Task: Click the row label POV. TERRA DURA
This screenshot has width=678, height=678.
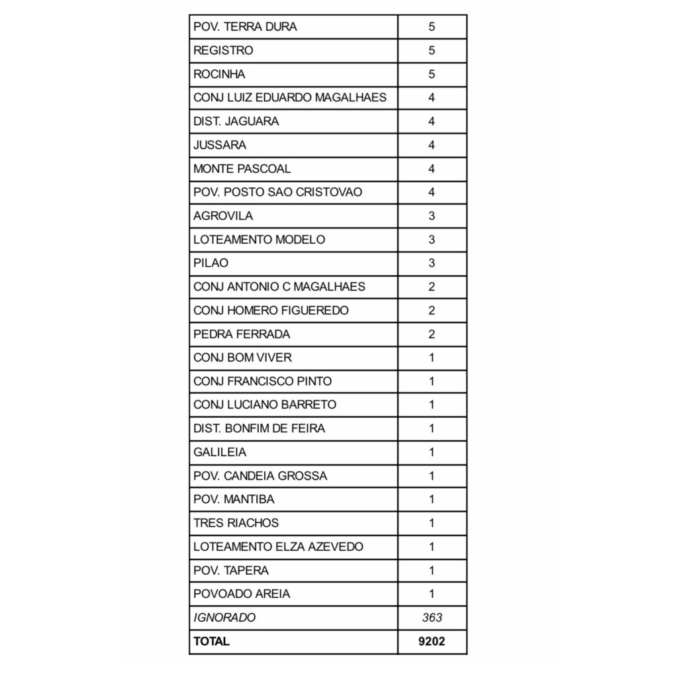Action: [x=245, y=27]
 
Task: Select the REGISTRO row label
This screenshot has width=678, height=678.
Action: [x=223, y=50]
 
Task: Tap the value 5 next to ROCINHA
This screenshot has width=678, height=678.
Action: [x=432, y=74]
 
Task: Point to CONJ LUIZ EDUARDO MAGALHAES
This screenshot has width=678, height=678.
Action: [x=290, y=98]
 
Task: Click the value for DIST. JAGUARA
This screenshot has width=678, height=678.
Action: [x=432, y=121]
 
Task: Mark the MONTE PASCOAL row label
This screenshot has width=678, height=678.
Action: [x=242, y=169]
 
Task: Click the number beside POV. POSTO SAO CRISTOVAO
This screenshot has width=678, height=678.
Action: [x=432, y=192]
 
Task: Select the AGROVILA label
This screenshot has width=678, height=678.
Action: [x=223, y=216]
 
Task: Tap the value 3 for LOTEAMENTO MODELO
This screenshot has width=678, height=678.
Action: [x=432, y=240]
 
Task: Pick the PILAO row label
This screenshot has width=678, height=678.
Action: [x=211, y=263]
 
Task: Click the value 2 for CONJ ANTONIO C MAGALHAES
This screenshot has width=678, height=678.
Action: [x=432, y=287]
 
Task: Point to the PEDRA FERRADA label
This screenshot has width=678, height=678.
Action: [x=242, y=334]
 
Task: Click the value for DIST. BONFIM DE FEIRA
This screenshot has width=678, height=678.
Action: [x=432, y=428]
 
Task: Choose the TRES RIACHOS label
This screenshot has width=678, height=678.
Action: [x=236, y=523]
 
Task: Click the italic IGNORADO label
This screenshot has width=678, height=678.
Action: [x=224, y=618]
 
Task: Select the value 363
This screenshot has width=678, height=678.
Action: [x=432, y=618]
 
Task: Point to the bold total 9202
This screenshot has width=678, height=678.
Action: [x=432, y=642]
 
